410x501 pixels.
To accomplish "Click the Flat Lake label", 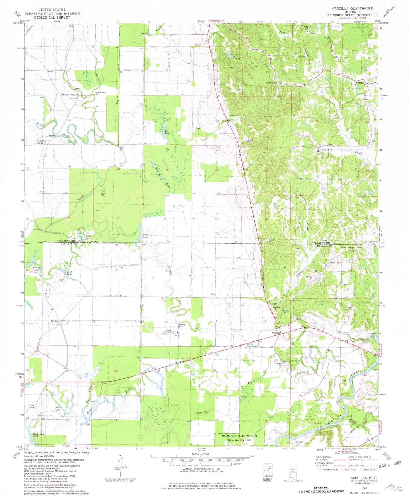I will point(168,132).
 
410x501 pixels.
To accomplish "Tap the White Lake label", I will point(145,236).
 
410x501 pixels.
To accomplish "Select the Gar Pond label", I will point(57,409).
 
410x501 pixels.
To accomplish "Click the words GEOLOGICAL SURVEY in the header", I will point(48,17).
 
